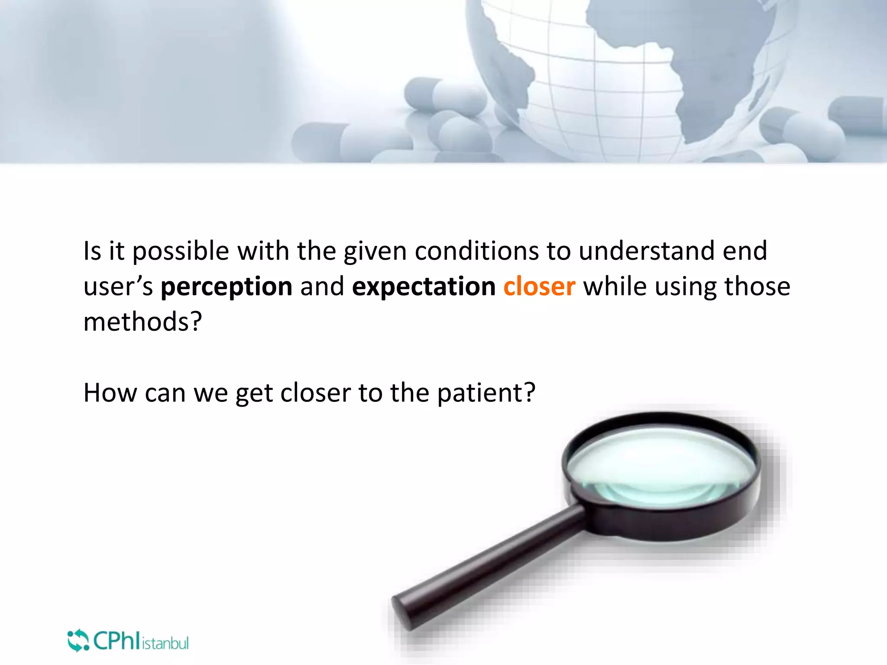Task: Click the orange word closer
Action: point(539,287)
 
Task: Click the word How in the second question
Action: point(110,393)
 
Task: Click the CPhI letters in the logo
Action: point(116,640)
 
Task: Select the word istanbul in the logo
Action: point(165,643)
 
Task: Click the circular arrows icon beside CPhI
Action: point(78,640)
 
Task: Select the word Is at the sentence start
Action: point(92,251)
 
